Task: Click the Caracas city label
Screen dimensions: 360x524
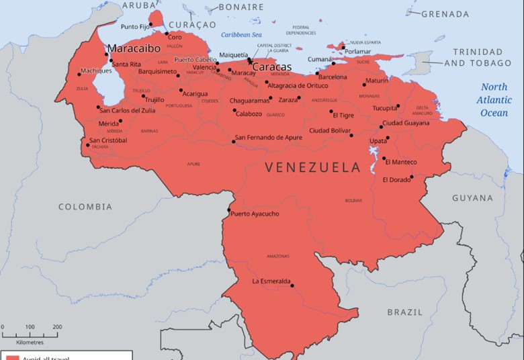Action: point(271,67)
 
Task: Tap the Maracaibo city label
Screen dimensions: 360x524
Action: point(134,48)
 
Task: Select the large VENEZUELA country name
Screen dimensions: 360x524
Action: point(313,167)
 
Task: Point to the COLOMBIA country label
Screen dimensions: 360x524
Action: point(85,207)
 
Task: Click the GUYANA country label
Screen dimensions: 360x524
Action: point(472,198)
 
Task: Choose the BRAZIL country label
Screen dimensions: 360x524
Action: point(405,312)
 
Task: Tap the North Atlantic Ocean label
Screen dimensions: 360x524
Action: point(494,100)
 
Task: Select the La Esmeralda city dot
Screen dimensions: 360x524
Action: point(292,285)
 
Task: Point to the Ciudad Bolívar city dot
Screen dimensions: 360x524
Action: point(351,135)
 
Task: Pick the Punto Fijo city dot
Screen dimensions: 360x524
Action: point(151,25)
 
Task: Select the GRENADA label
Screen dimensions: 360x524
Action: point(445,14)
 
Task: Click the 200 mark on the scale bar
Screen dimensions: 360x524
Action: point(57,327)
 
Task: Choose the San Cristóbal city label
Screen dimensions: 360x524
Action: point(108,140)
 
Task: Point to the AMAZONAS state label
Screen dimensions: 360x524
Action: point(277,257)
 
